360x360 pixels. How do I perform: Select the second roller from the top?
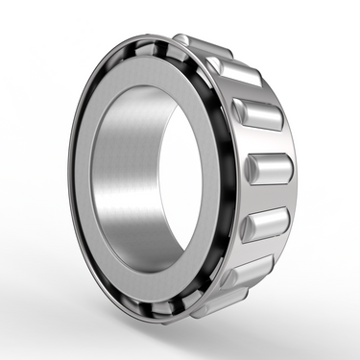(x=233, y=72)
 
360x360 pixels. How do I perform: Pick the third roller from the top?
(x=256, y=113)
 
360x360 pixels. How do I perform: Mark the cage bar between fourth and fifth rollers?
(x=271, y=198)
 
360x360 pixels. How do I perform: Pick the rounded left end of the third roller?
(x=239, y=113)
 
